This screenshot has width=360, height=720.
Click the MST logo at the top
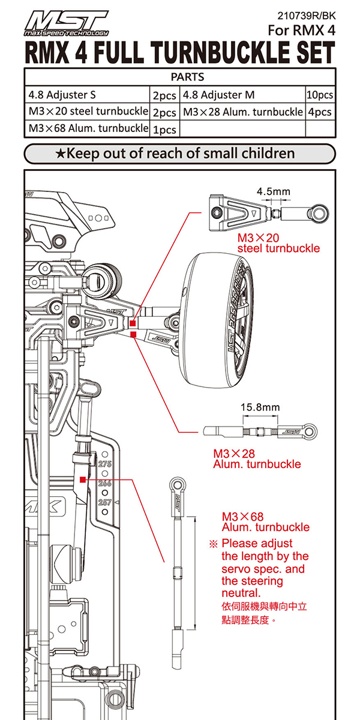coord(66,24)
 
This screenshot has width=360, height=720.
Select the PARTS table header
coord(179,77)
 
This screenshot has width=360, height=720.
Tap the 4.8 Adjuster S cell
coord(62,95)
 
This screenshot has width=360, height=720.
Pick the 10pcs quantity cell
coord(320,95)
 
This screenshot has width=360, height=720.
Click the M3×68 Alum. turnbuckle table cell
coord(88,128)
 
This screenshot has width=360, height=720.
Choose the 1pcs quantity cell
coord(165,129)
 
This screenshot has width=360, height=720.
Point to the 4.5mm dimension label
coord(273,191)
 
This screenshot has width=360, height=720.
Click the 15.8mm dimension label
coord(260,407)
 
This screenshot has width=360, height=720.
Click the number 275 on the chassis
coord(105,464)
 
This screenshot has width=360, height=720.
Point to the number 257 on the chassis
coord(105,502)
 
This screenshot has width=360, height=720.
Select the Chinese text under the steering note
coord(264,613)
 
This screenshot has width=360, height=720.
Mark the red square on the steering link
coord(82,479)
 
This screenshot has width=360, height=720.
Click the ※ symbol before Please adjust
coord(212,544)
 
